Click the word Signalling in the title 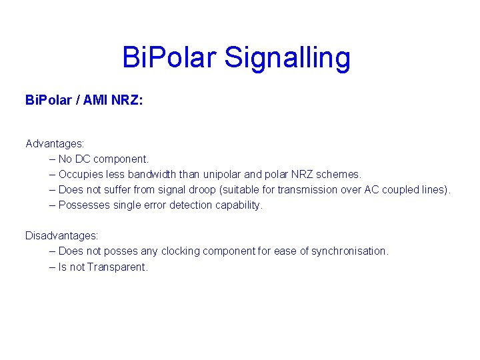pos(287,59)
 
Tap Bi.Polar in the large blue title pos(170,57)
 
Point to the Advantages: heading pos(55,143)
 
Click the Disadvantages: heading pos(61,235)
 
